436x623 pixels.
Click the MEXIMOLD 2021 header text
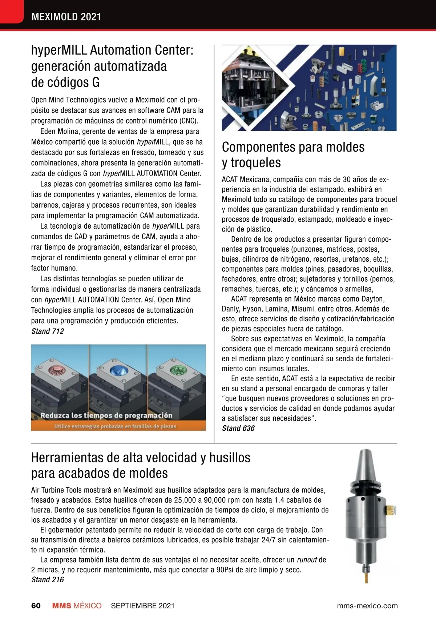click(66, 17)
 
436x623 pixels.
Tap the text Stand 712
click(48, 331)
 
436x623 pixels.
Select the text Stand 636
click(238, 428)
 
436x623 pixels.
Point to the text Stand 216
click(48, 579)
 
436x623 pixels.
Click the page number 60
click(36, 606)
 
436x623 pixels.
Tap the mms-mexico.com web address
click(367, 606)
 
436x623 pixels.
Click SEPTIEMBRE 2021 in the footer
click(143, 606)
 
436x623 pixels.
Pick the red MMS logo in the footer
click(62, 606)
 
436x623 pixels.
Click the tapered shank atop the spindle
click(365, 467)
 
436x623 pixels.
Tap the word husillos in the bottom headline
click(230, 458)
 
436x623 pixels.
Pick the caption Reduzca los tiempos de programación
click(106, 415)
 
